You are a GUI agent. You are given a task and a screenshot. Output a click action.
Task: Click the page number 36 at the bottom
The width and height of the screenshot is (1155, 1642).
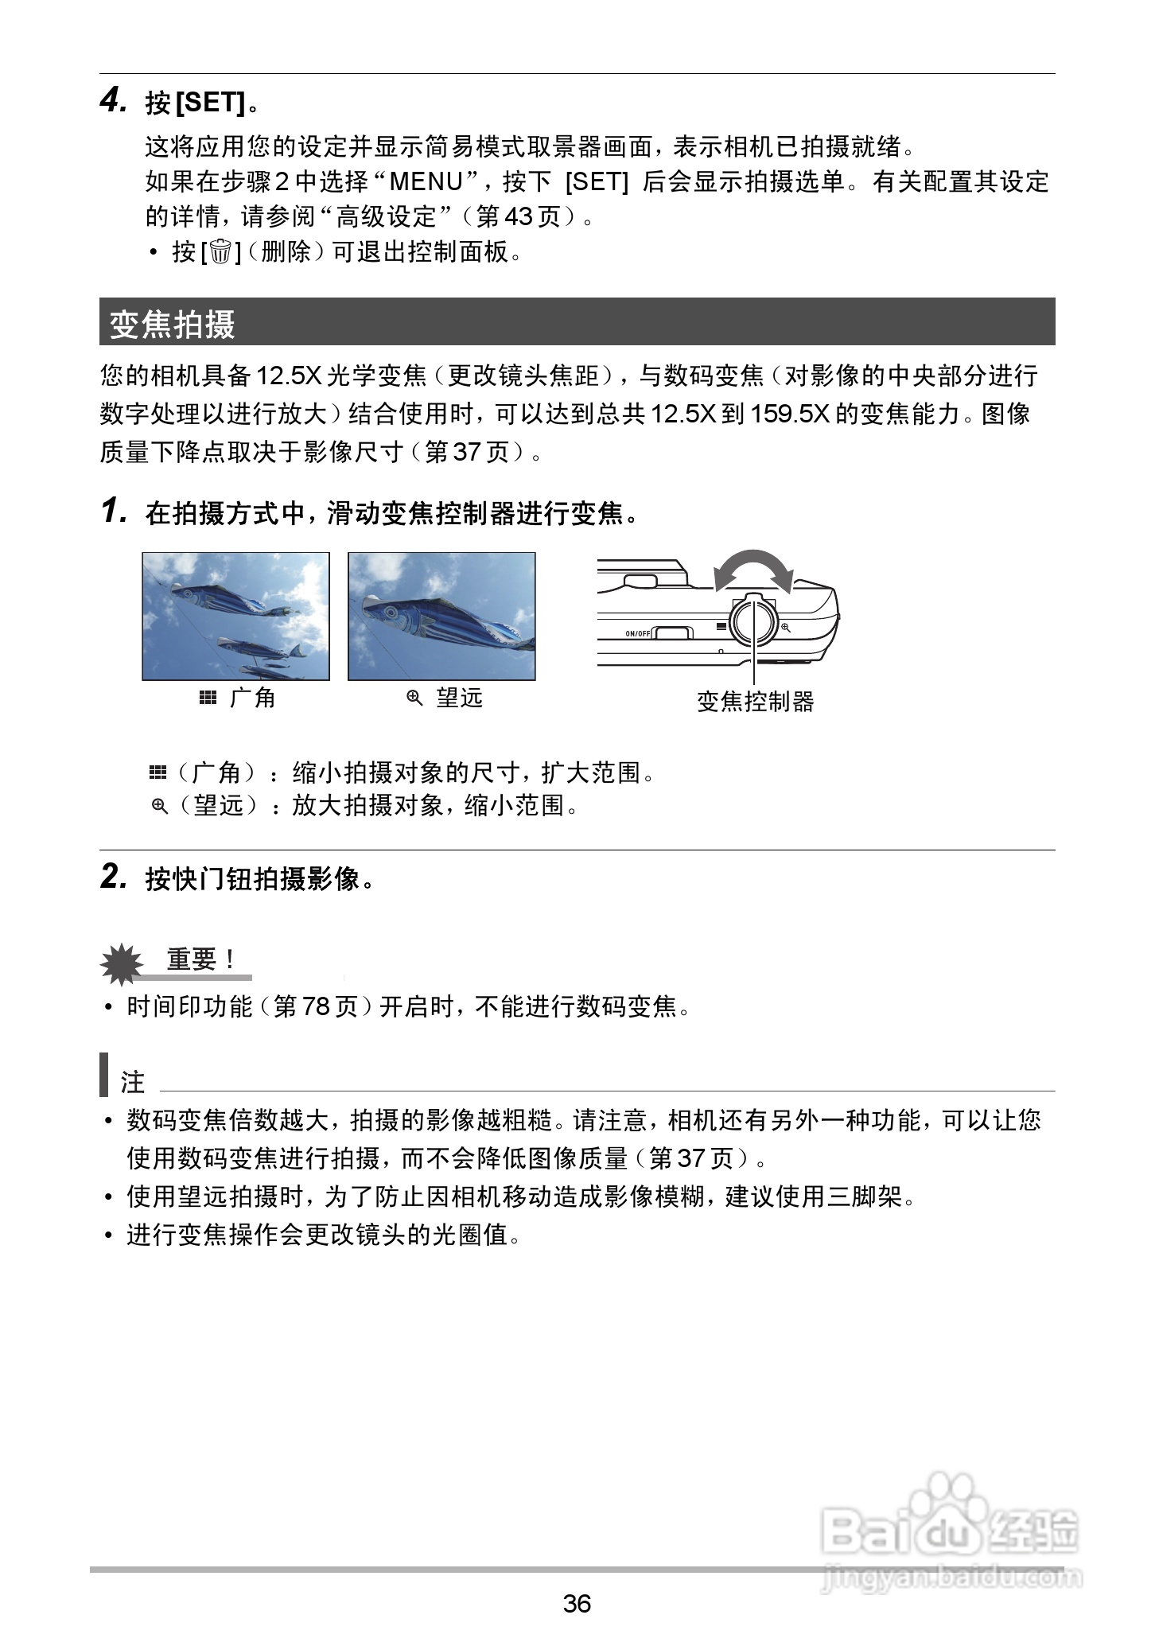pyautogui.click(x=577, y=1602)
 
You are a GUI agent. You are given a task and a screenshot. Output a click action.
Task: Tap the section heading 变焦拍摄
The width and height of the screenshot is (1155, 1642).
pyautogui.click(x=173, y=323)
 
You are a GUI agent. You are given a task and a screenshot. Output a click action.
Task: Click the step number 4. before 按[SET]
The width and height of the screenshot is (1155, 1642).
pyautogui.click(x=114, y=101)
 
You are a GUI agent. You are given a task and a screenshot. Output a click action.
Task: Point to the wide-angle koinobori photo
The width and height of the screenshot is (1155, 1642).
pyautogui.click(x=235, y=617)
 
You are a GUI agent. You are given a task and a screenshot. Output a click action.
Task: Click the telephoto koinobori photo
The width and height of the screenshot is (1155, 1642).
pyautogui.click(x=441, y=617)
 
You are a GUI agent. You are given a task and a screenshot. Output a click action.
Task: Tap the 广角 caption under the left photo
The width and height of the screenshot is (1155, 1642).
pyautogui.click(x=251, y=698)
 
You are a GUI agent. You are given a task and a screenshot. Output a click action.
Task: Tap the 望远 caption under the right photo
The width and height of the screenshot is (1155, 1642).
pyautogui.click(x=459, y=698)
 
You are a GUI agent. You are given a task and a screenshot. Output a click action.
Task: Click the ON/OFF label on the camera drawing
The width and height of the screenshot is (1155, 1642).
pyautogui.click(x=637, y=633)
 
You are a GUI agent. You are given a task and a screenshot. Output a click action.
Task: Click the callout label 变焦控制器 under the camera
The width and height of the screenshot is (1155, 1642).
pyautogui.click(x=756, y=702)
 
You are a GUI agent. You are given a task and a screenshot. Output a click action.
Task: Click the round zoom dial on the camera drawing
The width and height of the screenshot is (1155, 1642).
pyautogui.click(x=752, y=621)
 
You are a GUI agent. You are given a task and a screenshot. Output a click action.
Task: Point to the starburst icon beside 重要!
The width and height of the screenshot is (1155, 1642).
pyautogui.click(x=122, y=964)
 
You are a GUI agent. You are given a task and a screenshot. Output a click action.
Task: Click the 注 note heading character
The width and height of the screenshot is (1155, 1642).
pyautogui.click(x=133, y=1082)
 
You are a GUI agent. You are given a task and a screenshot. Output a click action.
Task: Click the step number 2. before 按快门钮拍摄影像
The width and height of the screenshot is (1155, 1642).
pyautogui.click(x=115, y=877)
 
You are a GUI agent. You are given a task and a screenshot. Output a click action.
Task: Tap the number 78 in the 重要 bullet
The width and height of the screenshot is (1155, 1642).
pyautogui.click(x=316, y=1007)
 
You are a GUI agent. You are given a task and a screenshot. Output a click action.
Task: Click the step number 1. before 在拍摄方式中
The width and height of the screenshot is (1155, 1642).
pyautogui.click(x=115, y=512)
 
